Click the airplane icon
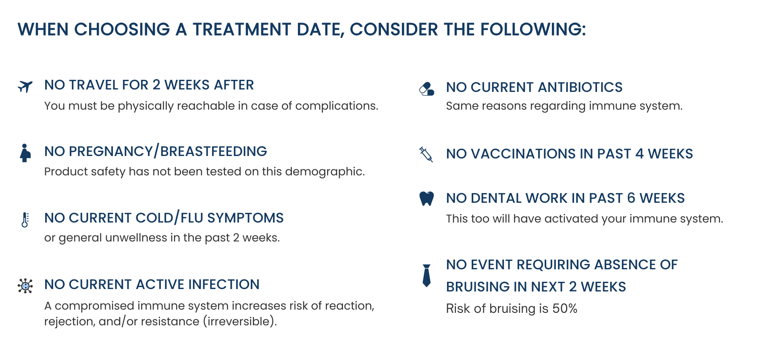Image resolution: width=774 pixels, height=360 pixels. click(25, 86)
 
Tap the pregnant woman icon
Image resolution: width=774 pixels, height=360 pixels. click(25, 153)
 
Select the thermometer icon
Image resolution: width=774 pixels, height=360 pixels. click(25, 220)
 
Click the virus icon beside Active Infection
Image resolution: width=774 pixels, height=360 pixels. click(25, 286)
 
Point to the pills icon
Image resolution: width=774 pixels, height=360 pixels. click(427, 89)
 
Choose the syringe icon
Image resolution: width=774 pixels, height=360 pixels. click(426, 154)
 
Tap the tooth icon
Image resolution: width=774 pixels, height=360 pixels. click(427, 199)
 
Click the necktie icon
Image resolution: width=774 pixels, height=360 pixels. click(427, 276)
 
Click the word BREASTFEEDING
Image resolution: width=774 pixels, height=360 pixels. click(214, 152)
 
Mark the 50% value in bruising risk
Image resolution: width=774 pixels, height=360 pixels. click(565, 309)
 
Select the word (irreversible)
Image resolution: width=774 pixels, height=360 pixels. click(240, 322)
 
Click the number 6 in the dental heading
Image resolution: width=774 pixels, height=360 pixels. click(631, 198)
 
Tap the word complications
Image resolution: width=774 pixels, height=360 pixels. click(337, 106)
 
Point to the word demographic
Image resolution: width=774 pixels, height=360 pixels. click(325, 172)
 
